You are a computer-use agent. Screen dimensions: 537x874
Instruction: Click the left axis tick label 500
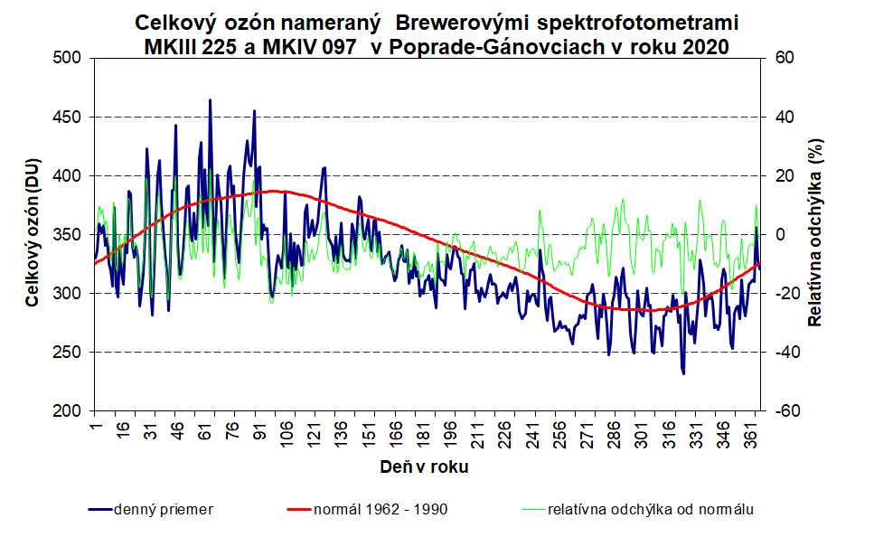pos(68,58)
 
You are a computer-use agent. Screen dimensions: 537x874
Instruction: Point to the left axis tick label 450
pos(68,117)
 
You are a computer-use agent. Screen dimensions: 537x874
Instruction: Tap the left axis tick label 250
pos(68,352)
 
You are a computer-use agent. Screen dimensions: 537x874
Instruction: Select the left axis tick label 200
pos(68,410)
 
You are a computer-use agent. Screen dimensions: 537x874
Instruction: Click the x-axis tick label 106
pos(287,432)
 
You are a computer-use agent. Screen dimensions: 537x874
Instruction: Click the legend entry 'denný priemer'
pos(163,509)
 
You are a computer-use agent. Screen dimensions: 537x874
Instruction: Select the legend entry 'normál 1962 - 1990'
pos(380,509)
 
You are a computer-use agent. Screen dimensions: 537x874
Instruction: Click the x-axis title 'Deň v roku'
pos(424,467)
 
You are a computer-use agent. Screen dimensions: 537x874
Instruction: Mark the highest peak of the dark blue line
pos(210,100)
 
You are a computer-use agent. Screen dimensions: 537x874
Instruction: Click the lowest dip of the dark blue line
pos(683,372)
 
